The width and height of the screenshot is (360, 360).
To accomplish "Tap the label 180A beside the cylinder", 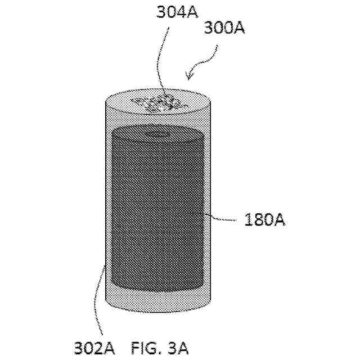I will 264,220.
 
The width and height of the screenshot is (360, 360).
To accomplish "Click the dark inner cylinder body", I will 158,214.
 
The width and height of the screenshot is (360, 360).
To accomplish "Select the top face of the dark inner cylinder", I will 158,135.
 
